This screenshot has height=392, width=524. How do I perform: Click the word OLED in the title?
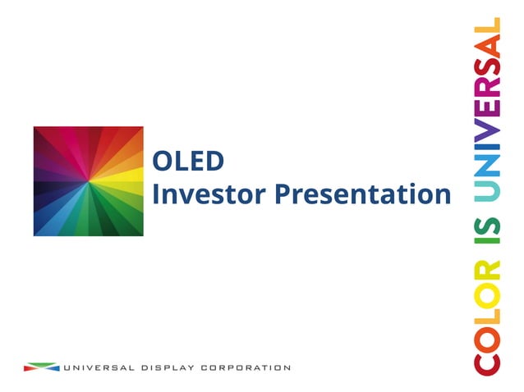click(188, 161)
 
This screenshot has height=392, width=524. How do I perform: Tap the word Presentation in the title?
click(362, 195)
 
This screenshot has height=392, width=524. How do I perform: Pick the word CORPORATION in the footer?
click(247, 367)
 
